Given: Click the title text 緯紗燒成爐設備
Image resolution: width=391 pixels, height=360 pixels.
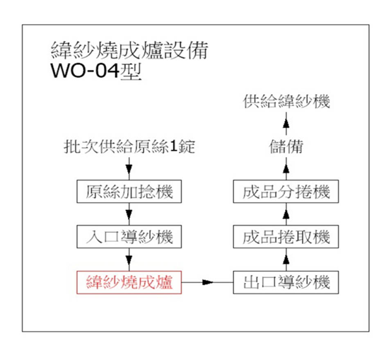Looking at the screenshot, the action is click(129, 51).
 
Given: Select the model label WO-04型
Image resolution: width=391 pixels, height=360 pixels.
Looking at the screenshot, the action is click(96, 71).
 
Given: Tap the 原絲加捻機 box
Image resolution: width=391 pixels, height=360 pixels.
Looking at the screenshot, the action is click(129, 192).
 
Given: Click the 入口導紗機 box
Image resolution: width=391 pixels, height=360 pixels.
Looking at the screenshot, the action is click(129, 236).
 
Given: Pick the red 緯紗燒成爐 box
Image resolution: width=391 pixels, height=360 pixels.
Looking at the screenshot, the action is click(129, 282).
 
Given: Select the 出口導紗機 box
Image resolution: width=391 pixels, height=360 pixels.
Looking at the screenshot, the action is click(286, 282).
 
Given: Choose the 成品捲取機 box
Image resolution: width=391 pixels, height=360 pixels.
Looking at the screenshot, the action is click(286, 236).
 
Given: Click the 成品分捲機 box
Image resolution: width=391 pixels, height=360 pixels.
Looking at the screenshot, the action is click(286, 192).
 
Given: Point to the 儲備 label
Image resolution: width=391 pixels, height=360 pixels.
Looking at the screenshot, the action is click(286, 146).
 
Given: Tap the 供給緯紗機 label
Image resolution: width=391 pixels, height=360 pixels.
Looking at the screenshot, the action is click(286, 102).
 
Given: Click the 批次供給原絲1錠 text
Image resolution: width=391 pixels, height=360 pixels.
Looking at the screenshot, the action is click(129, 146).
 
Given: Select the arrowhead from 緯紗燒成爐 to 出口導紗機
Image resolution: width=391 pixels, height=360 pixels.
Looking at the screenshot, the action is click(208, 282).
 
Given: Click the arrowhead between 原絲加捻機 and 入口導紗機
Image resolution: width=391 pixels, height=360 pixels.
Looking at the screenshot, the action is click(129, 214).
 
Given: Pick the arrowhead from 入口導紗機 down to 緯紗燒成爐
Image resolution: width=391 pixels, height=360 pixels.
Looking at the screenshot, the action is click(129, 260).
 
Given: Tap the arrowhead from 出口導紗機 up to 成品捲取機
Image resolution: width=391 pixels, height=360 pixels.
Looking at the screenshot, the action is click(286, 260).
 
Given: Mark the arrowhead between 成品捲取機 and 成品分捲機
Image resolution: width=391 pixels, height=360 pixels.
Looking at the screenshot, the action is click(286, 214).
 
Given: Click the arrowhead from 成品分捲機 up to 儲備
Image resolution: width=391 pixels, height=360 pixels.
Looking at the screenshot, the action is click(286, 168).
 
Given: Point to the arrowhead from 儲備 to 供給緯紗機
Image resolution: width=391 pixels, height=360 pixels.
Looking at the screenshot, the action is click(286, 124).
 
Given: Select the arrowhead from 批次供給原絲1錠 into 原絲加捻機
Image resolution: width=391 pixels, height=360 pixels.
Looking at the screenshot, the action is click(129, 169).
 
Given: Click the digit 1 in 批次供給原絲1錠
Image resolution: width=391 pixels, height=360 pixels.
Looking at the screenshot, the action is click(173, 146).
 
